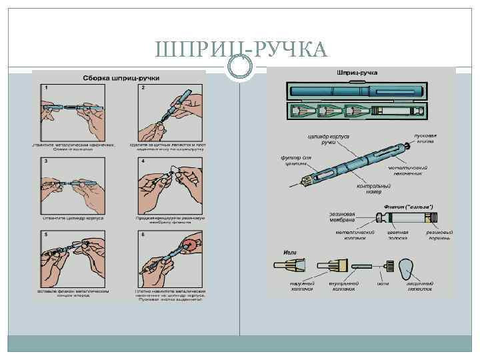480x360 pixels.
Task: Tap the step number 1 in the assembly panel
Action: pos(46,88)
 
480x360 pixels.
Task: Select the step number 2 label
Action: pos(143,88)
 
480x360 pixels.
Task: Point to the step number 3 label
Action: pos(46,161)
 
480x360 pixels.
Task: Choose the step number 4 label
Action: pos(143,161)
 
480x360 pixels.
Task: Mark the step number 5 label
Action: pos(46,235)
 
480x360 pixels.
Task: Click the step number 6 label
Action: pos(143,235)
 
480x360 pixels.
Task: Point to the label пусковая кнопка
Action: pos(423,137)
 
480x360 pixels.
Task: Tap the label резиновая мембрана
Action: pos(345,217)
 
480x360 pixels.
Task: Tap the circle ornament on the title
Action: pos(240,66)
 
